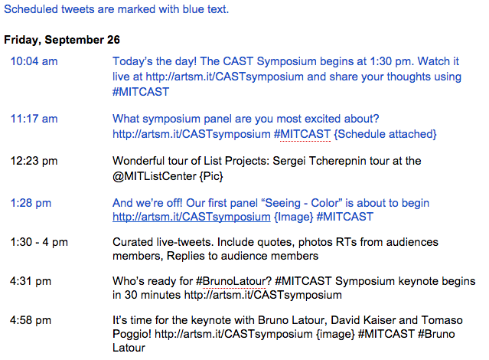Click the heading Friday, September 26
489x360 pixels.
[x=62, y=40]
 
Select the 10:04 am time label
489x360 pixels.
[x=34, y=61]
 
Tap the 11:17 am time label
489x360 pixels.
[x=34, y=119]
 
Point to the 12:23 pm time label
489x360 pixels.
[x=34, y=161]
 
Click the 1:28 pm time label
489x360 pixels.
[x=31, y=203]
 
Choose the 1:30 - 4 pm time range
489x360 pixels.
[x=39, y=242]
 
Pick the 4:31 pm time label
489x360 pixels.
[x=31, y=281]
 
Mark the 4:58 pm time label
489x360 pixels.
[x=31, y=320]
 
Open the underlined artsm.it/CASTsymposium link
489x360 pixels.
[x=191, y=217]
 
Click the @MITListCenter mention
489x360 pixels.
[x=155, y=176]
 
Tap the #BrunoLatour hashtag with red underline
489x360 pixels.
[x=231, y=281]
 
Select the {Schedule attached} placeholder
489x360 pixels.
[x=385, y=134]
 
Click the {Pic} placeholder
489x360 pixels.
[x=211, y=176]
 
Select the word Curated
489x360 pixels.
[x=133, y=242]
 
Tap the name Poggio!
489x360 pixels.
[x=132, y=334]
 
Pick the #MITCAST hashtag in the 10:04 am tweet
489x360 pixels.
[x=141, y=92]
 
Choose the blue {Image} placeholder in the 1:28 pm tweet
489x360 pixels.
[x=293, y=217]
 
